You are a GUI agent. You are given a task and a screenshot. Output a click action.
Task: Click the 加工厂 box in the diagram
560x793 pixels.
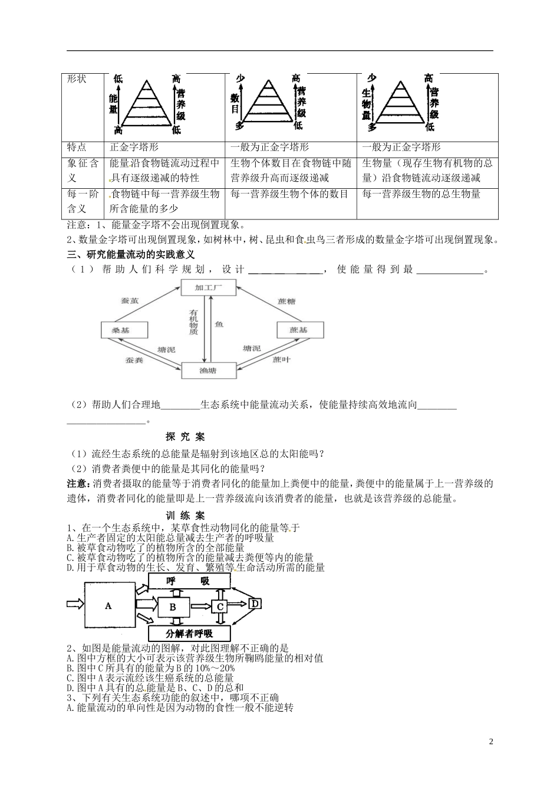click(207, 288)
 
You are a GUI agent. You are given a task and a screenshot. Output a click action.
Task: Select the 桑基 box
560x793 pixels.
click(121, 330)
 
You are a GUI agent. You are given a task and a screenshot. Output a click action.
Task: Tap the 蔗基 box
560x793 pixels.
click(299, 330)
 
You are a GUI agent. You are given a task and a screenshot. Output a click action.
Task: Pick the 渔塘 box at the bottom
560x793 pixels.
click(207, 370)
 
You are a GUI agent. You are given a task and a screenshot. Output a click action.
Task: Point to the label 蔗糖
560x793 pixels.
click(286, 301)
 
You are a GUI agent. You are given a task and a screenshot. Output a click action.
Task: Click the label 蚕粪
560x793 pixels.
click(134, 359)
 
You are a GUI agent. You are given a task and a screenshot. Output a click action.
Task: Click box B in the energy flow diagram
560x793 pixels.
click(173, 606)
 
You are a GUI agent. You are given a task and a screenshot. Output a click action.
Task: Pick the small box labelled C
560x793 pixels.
click(219, 606)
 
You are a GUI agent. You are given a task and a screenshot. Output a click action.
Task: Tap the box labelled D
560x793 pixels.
click(255, 604)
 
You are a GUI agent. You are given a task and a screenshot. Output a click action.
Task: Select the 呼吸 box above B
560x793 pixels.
click(189, 581)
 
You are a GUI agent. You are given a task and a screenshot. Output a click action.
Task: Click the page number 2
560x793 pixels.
click(491, 741)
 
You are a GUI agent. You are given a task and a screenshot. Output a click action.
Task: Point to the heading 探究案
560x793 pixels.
click(185, 437)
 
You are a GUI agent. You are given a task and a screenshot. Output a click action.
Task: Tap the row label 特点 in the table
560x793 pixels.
click(77, 148)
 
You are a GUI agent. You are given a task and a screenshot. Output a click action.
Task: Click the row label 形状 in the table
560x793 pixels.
click(77, 79)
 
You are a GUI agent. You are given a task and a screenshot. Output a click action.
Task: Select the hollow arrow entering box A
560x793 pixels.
click(75, 604)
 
